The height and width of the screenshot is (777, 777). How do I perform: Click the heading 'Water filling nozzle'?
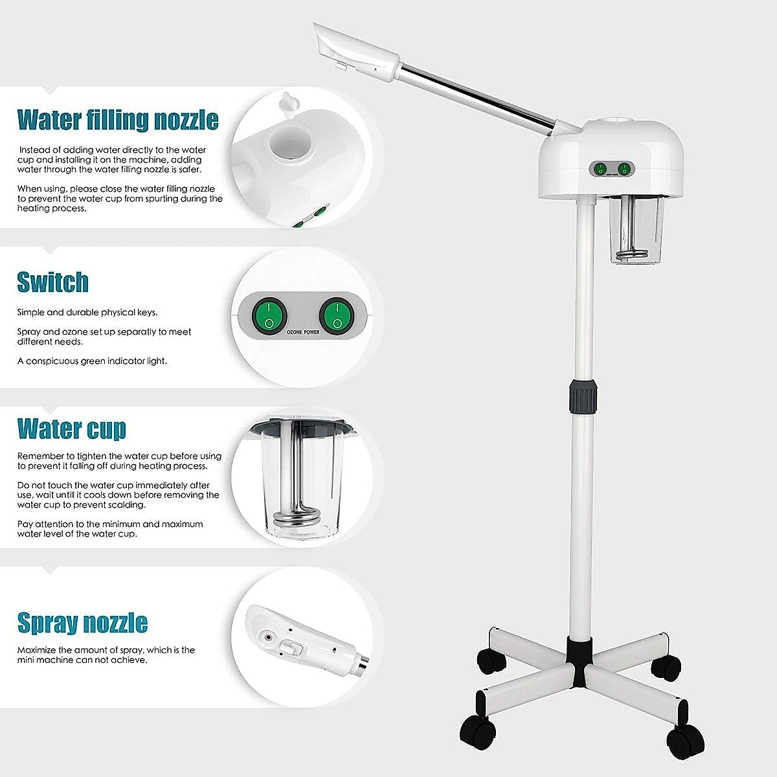click(x=117, y=120)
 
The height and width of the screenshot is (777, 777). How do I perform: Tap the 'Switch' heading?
click(x=52, y=282)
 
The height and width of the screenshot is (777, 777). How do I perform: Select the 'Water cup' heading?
click(x=71, y=429)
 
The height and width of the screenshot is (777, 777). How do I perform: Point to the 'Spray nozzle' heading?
click(x=82, y=623)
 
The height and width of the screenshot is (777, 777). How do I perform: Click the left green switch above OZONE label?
click(x=269, y=314)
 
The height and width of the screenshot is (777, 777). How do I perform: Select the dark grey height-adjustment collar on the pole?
click(x=583, y=395)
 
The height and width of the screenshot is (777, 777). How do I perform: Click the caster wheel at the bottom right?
click(x=685, y=735)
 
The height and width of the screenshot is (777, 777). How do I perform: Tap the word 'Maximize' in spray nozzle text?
click(x=36, y=649)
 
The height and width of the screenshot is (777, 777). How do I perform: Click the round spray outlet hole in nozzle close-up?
click(x=268, y=637)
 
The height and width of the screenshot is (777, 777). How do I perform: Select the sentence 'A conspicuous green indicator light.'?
click(x=92, y=361)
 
